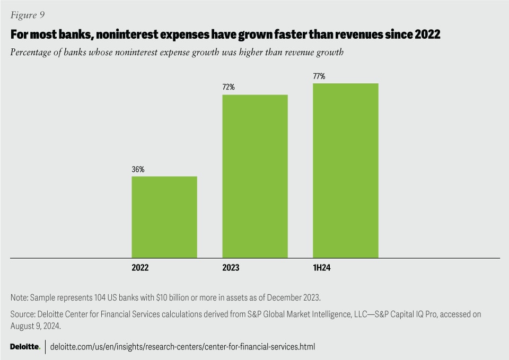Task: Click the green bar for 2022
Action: [x=164, y=217]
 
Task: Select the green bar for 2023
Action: [x=255, y=176]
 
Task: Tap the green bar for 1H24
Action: [x=346, y=170]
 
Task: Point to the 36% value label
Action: [x=138, y=170]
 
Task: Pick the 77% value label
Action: [x=319, y=76]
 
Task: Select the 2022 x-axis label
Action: [x=141, y=268]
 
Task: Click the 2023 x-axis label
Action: [x=231, y=268]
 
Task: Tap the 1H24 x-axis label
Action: [x=322, y=268]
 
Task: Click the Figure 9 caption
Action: [x=28, y=14]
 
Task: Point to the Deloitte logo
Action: [x=25, y=347]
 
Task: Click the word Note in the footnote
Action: [x=19, y=297]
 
